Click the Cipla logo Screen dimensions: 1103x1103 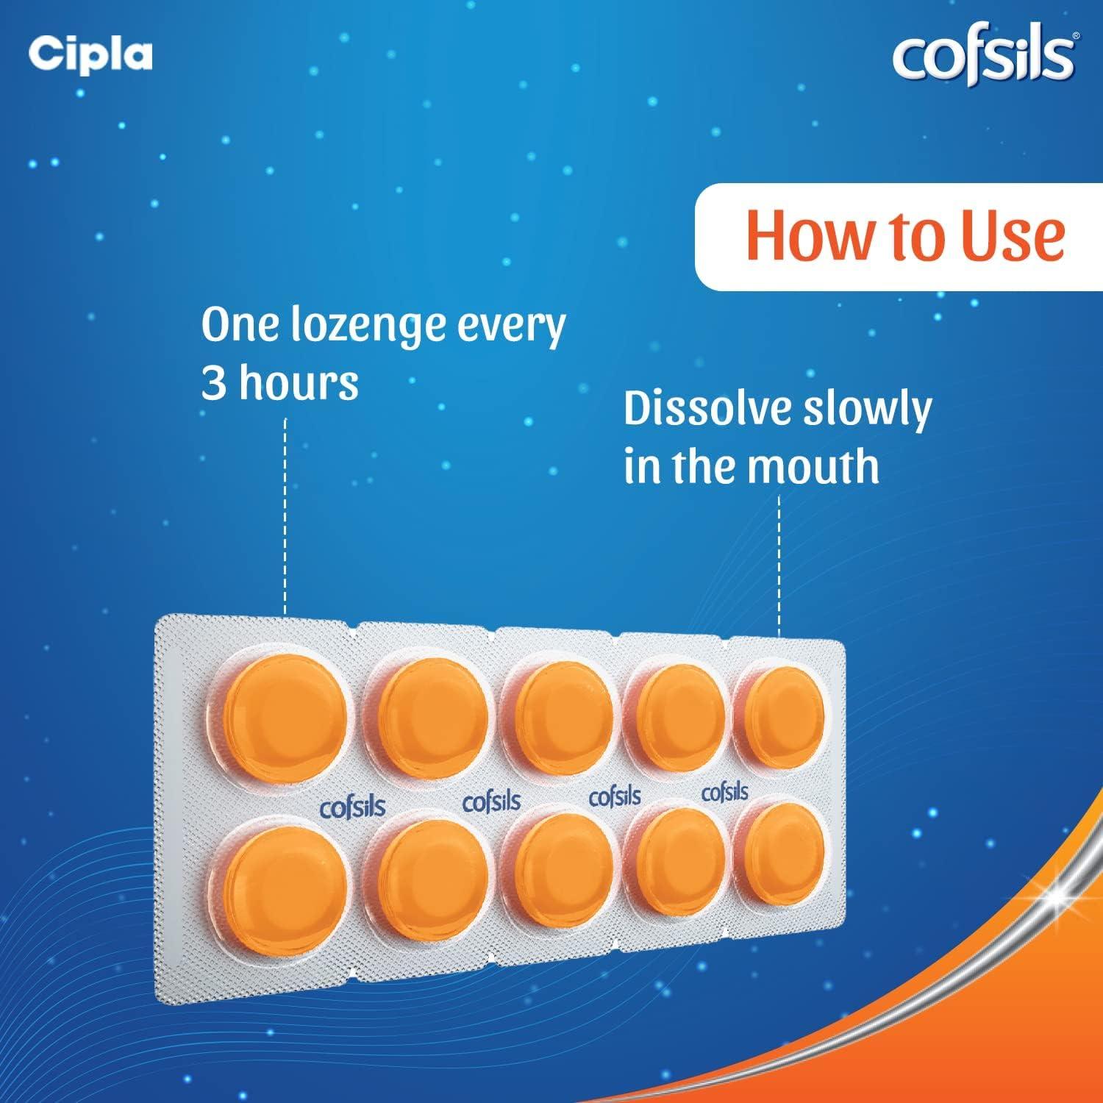coord(90,54)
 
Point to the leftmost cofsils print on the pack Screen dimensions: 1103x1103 coord(352,807)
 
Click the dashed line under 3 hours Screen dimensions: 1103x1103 coord(285,515)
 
